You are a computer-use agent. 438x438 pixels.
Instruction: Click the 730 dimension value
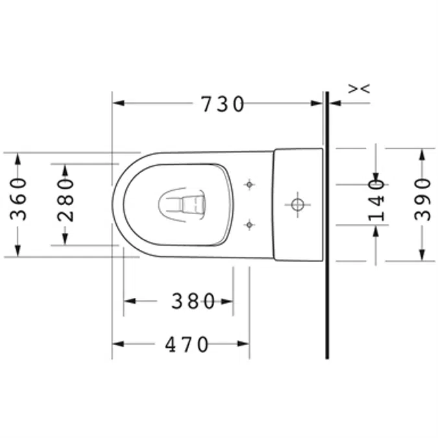(x=223, y=104)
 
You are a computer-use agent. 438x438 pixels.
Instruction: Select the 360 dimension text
(x=21, y=199)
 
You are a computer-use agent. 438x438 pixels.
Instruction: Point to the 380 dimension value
(x=193, y=301)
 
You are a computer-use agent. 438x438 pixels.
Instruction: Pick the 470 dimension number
(x=186, y=345)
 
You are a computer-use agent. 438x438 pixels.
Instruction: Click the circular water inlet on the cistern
(x=297, y=204)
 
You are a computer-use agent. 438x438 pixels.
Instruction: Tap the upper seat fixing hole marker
(x=249, y=184)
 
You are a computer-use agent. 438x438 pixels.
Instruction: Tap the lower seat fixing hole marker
(x=249, y=225)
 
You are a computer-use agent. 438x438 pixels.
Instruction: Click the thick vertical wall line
(x=328, y=260)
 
